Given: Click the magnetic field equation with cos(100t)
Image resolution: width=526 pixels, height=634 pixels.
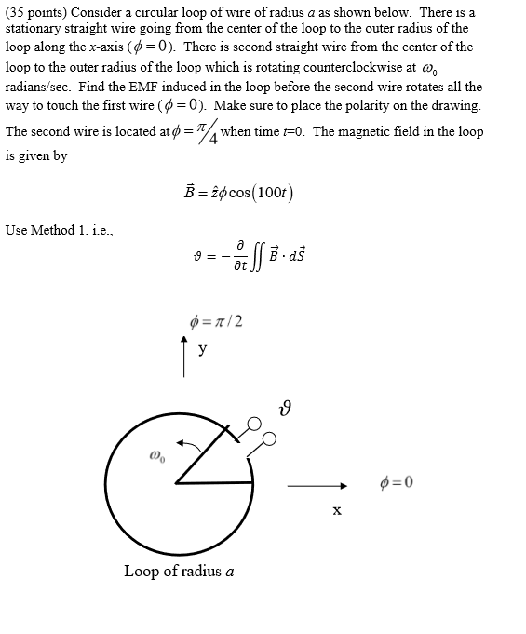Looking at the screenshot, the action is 241,192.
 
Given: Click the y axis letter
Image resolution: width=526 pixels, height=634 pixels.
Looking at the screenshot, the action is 202,349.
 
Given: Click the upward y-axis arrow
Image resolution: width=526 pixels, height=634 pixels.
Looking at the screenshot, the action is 185,357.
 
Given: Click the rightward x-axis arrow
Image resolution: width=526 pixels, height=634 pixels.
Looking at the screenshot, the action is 317,485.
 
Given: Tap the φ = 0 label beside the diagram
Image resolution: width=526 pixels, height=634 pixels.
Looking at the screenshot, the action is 397,482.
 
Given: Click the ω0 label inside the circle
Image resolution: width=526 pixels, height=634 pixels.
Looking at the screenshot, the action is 156,458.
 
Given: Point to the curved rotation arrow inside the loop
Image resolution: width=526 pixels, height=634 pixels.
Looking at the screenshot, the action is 191,448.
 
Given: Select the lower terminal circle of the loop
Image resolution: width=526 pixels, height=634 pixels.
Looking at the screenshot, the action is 270,438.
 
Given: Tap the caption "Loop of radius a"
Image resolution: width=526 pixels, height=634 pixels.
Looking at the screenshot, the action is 179,571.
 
